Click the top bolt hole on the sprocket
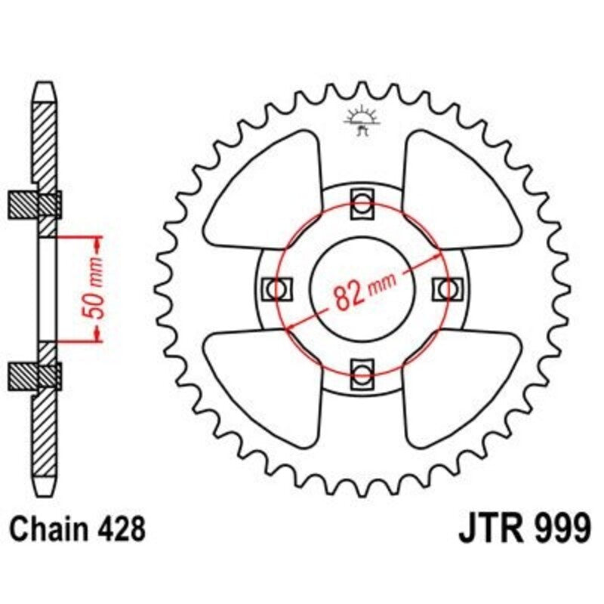[x=362, y=204]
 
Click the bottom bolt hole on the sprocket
[x=362, y=372]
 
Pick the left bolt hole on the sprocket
[x=277, y=288]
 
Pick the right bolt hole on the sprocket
[x=447, y=288]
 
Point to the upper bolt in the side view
[x=45, y=204]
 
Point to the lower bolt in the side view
[x=45, y=374]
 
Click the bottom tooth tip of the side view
[x=45, y=487]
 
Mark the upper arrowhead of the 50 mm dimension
[x=97, y=243]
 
